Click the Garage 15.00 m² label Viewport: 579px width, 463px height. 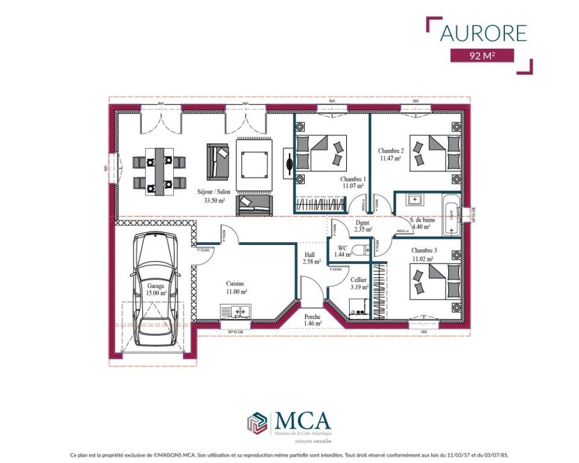(156, 289)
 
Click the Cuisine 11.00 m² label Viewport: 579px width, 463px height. (236, 287)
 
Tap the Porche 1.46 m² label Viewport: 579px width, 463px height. (312, 320)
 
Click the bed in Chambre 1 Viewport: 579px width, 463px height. (321, 153)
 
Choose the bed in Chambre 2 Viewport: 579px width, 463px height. (435, 153)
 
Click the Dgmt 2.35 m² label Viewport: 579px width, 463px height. (362, 225)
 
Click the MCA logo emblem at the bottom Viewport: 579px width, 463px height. (257, 422)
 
